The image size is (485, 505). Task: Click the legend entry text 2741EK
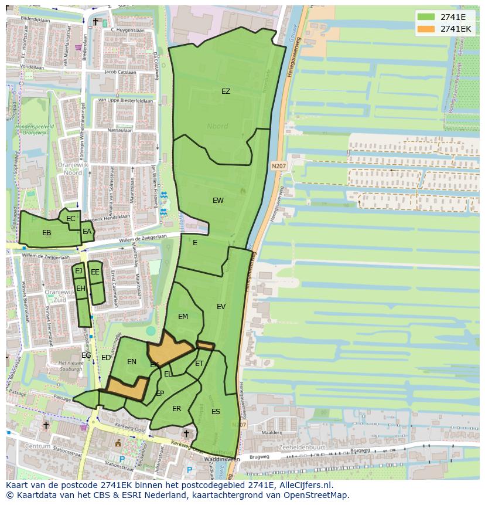pyautogui.click(x=456, y=28)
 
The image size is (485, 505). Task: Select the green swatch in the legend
pyautogui.click(x=426, y=17)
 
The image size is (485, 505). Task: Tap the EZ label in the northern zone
pyautogui.click(x=226, y=91)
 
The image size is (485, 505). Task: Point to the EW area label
pyautogui.click(x=218, y=201)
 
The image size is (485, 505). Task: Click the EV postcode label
pyautogui.click(x=221, y=307)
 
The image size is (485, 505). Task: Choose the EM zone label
pyautogui.click(x=183, y=317)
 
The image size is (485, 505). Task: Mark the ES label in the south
pyautogui.click(x=216, y=412)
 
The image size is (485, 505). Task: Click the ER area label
pyautogui.click(x=176, y=409)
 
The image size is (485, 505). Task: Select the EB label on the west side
pyautogui.click(x=46, y=233)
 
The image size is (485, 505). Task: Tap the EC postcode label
pyautogui.click(x=71, y=219)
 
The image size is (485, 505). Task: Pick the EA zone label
pyautogui.click(x=87, y=232)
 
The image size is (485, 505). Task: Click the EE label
pyautogui.click(x=95, y=272)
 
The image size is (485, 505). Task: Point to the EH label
pyautogui.click(x=81, y=289)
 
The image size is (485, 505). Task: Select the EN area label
pyautogui.click(x=132, y=362)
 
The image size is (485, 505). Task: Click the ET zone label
pyautogui.click(x=199, y=364)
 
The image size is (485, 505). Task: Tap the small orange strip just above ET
pyautogui.click(x=205, y=345)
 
